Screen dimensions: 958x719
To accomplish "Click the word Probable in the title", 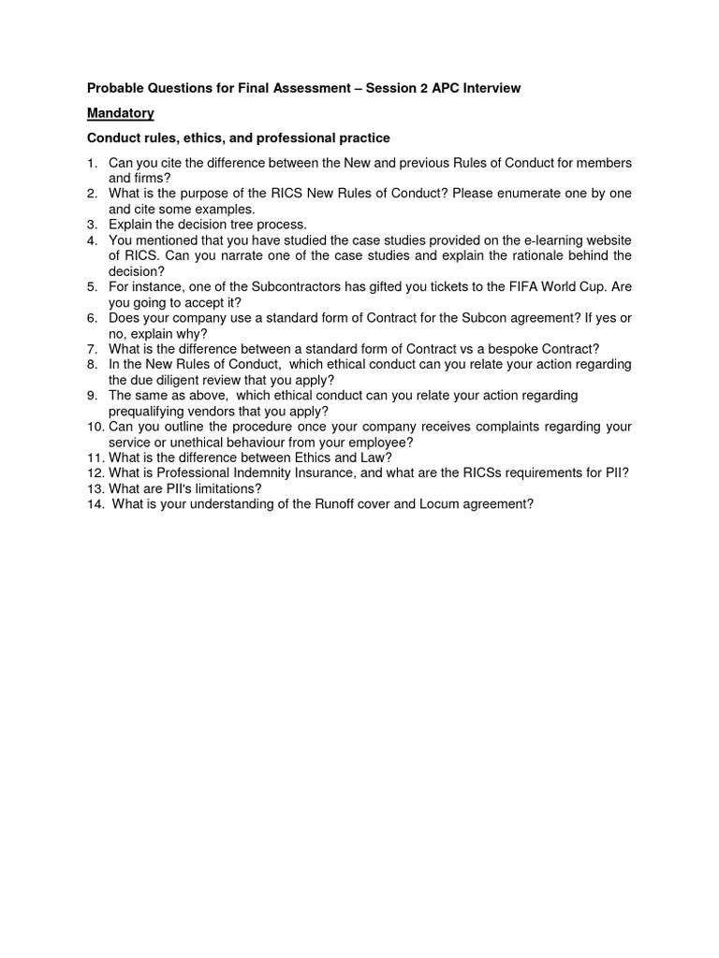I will [117, 88].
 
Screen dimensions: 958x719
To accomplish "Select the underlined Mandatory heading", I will [121, 113].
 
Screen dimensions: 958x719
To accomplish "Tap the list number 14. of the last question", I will [95, 503].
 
